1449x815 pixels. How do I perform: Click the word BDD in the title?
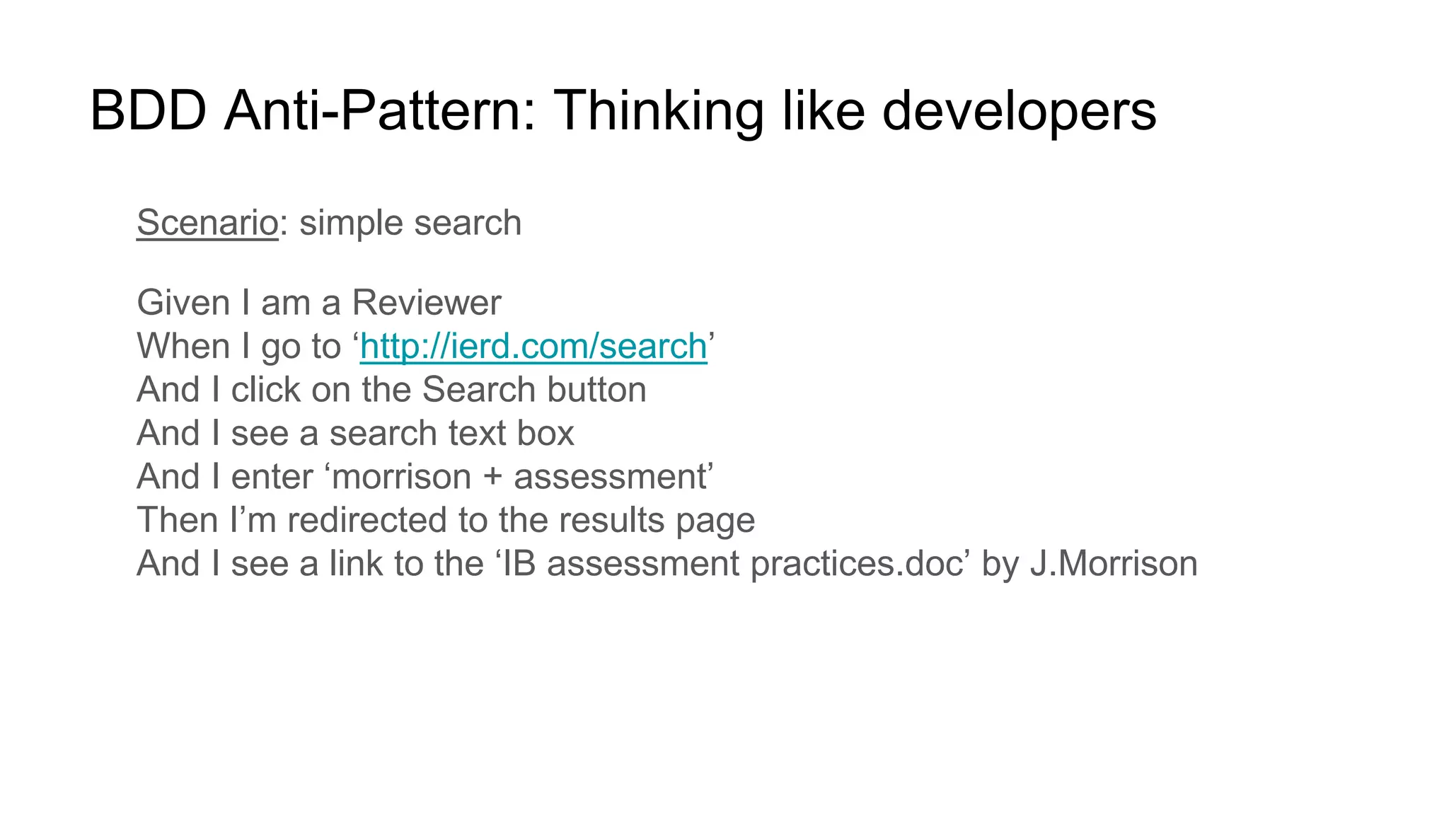pyautogui.click(x=148, y=111)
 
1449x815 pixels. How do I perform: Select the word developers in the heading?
pyautogui.click(x=1019, y=111)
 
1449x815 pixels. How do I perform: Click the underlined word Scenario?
pyautogui.click(x=207, y=223)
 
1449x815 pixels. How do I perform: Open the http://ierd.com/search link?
pyautogui.click(x=533, y=347)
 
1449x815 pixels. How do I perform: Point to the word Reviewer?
pyautogui.click(x=426, y=303)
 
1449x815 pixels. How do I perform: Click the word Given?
pyautogui.click(x=183, y=303)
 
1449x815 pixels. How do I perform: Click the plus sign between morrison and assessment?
pyautogui.click(x=492, y=477)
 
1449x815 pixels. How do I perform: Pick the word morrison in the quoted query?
pyautogui.click(x=401, y=477)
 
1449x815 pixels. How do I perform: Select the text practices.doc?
pyautogui.click(x=857, y=564)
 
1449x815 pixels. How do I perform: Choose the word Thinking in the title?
pyautogui.click(x=659, y=111)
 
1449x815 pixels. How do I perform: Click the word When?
pyautogui.click(x=183, y=347)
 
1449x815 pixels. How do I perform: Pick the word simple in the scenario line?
pyautogui.click(x=351, y=223)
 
